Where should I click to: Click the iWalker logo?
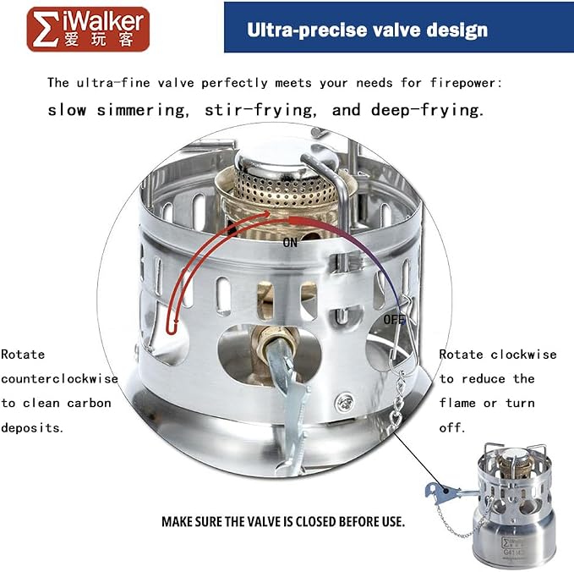tap(88, 30)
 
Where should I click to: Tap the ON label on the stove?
tap(290, 243)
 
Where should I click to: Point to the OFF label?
tap(394, 320)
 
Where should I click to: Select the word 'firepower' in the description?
tap(466, 83)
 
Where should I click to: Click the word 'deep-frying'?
tap(426, 110)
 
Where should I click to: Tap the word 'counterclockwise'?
tap(59, 378)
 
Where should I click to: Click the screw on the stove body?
tap(344, 402)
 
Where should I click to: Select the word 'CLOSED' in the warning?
tap(316, 521)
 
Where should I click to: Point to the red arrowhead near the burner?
tap(265, 214)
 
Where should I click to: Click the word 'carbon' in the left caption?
tap(89, 403)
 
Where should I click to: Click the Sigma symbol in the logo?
tap(46, 29)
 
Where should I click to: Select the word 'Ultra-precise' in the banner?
tap(307, 30)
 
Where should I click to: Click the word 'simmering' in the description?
tap(141, 110)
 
